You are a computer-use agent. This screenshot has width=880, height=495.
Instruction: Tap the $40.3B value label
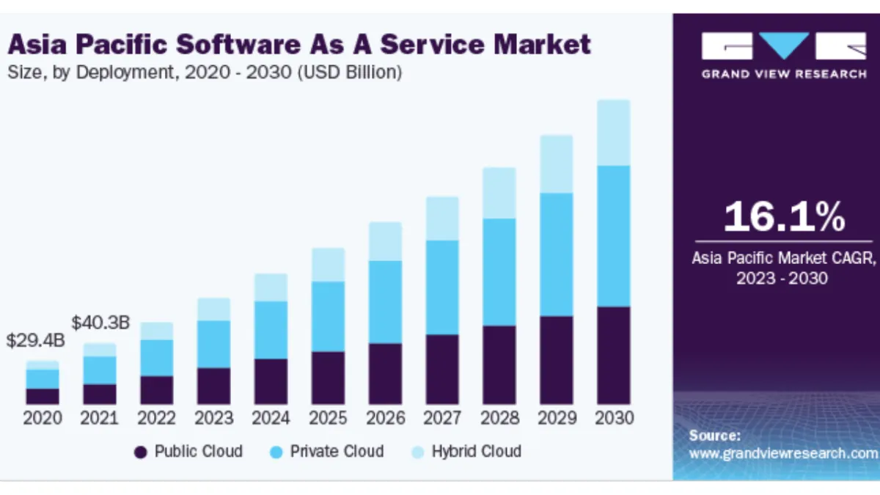coord(100,322)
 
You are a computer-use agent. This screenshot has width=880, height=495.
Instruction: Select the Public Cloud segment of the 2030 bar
coord(614,355)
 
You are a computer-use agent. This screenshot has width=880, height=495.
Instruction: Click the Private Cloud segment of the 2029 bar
coord(557,254)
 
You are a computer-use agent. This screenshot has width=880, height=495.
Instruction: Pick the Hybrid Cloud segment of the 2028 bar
coord(499,193)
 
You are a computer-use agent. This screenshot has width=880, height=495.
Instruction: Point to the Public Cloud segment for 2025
coord(328,378)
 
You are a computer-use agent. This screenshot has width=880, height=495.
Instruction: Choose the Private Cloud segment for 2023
coord(213,344)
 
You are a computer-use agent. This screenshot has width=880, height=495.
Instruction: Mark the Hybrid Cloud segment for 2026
coord(385,241)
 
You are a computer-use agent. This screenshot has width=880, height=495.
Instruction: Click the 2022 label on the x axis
coord(157,419)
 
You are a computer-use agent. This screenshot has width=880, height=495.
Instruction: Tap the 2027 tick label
coord(442,419)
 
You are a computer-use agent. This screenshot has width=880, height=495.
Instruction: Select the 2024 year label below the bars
coord(271,419)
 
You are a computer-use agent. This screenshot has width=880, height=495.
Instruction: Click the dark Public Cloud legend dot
coord(141,452)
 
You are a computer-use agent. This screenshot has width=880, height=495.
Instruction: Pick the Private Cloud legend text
coord(337,451)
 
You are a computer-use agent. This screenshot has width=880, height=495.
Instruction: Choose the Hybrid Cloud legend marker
coord(418,452)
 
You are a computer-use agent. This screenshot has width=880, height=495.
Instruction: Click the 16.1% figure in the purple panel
coord(784,217)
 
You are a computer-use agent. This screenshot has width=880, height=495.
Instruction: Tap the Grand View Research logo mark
coord(783,47)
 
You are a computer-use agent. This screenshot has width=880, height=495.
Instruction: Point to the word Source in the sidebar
coord(714,436)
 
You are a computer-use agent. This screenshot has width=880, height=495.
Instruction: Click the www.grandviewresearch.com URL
coord(783,453)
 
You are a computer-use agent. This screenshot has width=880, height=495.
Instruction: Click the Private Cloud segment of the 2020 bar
coord(42,378)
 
